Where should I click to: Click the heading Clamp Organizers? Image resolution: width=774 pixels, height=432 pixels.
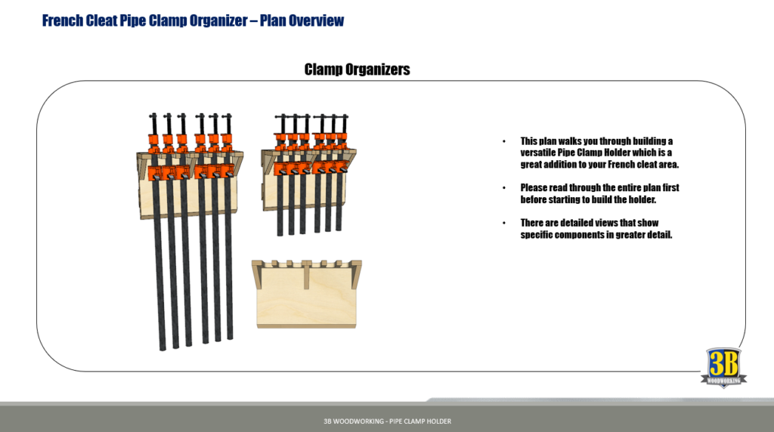[357, 69]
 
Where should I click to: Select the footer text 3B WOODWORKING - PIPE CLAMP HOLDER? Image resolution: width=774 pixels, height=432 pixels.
[386, 421]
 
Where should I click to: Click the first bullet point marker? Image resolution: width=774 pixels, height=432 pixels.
[504, 142]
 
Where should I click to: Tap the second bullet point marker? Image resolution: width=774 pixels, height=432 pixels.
[504, 187]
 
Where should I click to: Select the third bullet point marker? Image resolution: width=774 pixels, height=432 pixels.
[504, 223]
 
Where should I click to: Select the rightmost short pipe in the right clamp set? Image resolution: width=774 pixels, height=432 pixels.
[339, 204]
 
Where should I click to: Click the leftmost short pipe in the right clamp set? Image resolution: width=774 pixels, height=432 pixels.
[280, 204]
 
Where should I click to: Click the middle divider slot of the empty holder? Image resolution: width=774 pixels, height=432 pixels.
[308, 275]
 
